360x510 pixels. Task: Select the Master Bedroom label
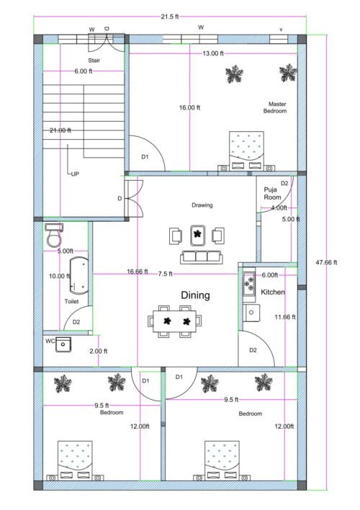pyautogui.click(x=275, y=107)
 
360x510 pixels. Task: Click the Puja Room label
pyautogui.click(x=271, y=193)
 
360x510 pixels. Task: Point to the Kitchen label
pyautogui.click(x=273, y=292)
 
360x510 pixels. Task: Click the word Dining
pyautogui.click(x=195, y=295)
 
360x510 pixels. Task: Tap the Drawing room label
pyautogui.click(x=202, y=205)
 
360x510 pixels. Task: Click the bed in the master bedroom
pyautogui.click(x=247, y=150)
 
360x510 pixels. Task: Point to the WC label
pyautogui.click(x=50, y=341)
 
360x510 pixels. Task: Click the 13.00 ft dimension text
pyautogui.click(x=212, y=54)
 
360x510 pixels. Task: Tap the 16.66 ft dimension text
pyautogui.click(x=137, y=272)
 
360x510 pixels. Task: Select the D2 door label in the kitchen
pyautogui.click(x=253, y=350)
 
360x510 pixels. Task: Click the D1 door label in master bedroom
pyautogui.click(x=144, y=156)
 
